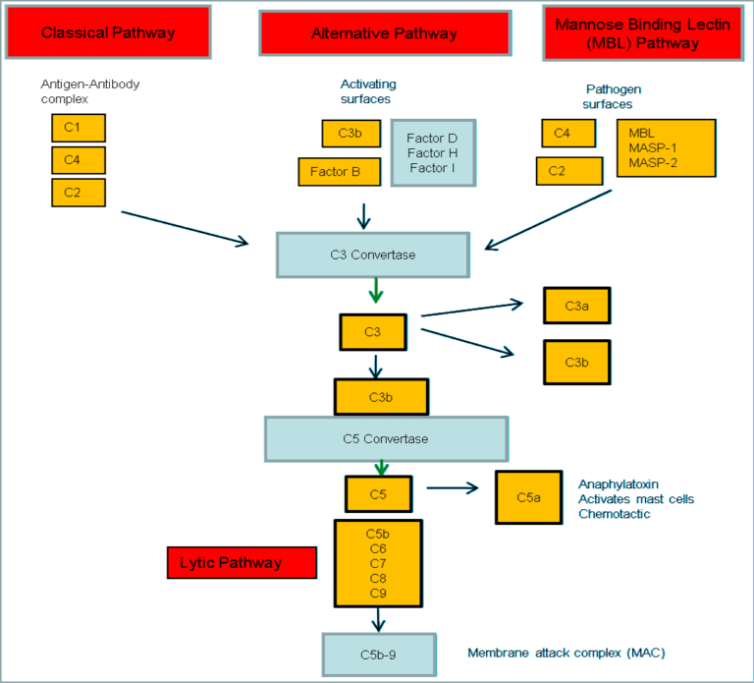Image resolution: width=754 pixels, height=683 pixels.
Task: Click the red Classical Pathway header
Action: click(108, 32)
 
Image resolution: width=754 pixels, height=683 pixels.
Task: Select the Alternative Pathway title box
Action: click(384, 33)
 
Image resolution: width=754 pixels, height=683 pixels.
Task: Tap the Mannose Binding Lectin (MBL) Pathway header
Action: click(641, 33)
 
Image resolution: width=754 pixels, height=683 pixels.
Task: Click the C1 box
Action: click(78, 128)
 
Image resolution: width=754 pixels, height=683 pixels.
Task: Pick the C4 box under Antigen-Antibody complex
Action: click(78, 160)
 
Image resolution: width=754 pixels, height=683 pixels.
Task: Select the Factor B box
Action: click(339, 172)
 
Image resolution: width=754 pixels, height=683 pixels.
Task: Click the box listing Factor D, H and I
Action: click(432, 153)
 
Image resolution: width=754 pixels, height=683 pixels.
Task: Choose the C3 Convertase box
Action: click(372, 255)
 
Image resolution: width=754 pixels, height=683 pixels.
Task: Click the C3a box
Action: click(576, 306)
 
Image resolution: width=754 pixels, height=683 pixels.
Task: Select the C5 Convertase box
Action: click(385, 438)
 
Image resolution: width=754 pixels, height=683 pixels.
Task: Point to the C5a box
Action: click(528, 497)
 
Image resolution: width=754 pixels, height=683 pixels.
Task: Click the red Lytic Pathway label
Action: click(242, 563)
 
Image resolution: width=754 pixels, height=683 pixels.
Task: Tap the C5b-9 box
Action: click(377, 654)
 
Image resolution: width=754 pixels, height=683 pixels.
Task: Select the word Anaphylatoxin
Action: click(618, 484)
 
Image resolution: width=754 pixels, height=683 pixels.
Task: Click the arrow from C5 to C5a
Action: click(451, 487)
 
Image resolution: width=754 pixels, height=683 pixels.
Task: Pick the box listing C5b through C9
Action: click(378, 563)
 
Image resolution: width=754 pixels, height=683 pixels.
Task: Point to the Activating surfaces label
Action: click(367, 91)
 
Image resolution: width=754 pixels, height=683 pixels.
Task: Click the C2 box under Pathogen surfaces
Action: click(568, 171)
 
